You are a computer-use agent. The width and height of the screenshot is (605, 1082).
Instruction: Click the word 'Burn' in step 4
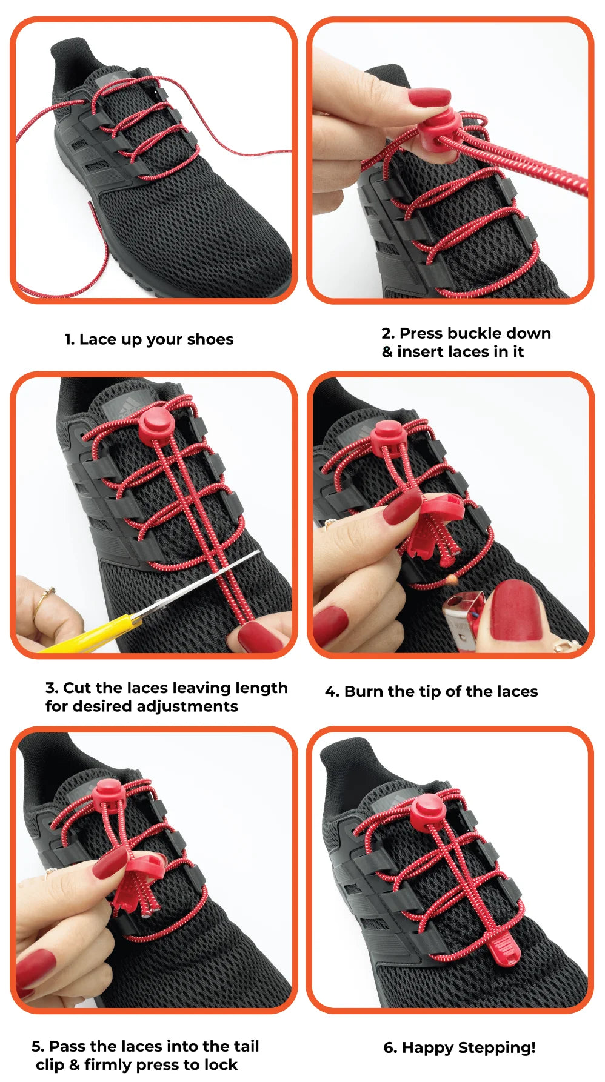pos(363,692)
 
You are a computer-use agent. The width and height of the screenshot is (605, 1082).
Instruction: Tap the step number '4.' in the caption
pos(332,692)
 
